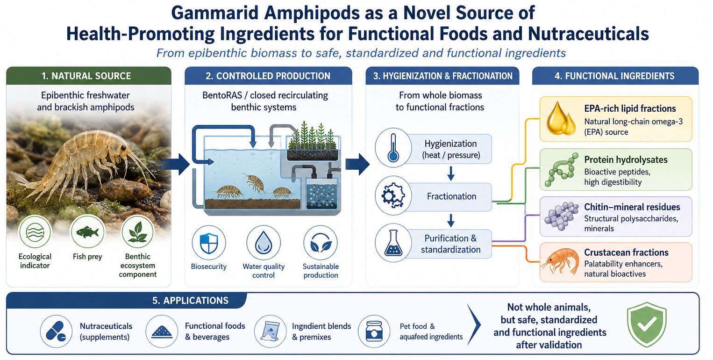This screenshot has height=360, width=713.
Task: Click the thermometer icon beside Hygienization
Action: point(393,148)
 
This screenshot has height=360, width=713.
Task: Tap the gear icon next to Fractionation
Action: point(393,195)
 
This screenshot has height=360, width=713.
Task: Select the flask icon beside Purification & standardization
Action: point(393,243)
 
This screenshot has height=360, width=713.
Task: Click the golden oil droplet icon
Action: point(561,118)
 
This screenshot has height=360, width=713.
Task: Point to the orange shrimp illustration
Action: point(560,261)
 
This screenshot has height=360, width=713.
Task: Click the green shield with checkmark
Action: point(647,324)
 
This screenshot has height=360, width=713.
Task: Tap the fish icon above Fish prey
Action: point(87,231)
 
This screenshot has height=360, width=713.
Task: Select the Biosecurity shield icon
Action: point(209,243)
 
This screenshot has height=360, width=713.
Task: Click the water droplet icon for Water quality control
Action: point(264,243)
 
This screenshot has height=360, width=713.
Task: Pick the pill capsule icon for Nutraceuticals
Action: point(56,331)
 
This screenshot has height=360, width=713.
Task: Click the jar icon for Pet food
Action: point(374,331)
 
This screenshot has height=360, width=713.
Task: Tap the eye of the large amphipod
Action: point(123,148)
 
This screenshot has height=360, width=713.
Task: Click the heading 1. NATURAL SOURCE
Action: point(86,76)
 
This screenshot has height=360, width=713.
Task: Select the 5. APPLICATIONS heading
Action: point(190,301)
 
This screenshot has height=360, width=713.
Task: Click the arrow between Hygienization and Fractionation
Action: point(451,173)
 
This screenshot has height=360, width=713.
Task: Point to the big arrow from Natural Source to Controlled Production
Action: point(177,164)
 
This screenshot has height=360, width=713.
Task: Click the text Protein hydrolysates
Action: point(626,159)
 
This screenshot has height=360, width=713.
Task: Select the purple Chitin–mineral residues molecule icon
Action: point(561,216)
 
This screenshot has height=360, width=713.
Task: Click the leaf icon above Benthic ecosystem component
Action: point(137,232)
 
